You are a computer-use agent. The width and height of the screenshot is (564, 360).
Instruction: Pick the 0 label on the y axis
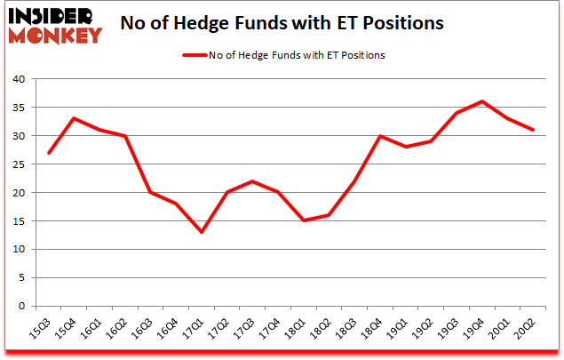coord(20,307)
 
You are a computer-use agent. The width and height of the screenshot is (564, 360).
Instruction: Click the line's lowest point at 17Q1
coord(203,232)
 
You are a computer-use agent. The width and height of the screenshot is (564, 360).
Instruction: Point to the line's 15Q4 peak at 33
coord(74,118)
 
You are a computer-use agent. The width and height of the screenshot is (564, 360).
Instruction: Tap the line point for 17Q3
coord(254,181)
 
